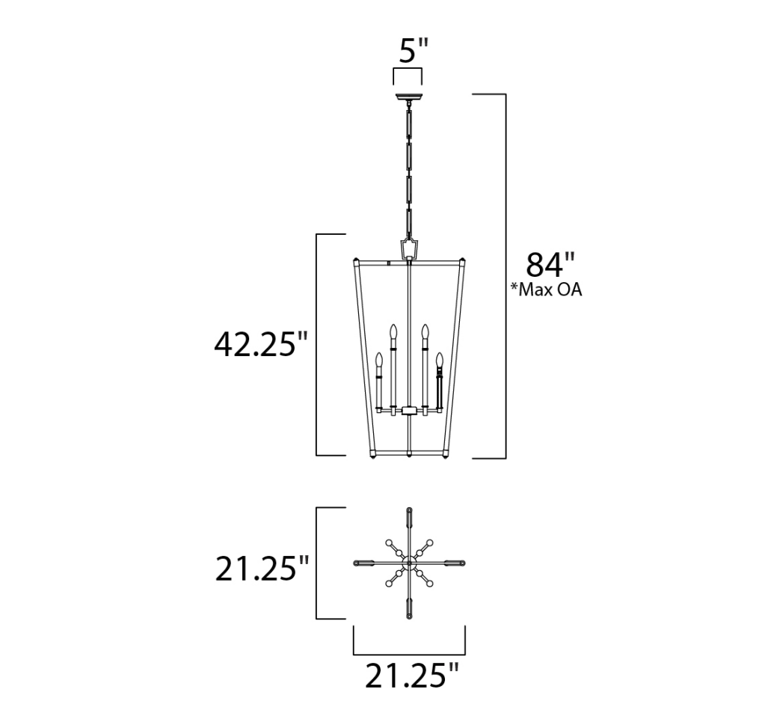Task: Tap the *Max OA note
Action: coord(545,290)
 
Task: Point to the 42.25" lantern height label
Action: coord(261,344)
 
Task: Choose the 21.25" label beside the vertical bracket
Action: coord(262,569)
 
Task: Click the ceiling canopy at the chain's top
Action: coord(408,96)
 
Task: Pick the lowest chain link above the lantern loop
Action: coord(408,222)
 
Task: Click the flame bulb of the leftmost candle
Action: coord(379,361)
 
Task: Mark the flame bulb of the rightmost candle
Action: coord(440,361)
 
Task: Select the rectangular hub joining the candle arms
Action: coord(409,410)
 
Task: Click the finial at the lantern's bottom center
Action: coord(408,455)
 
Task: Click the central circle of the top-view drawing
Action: coord(409,563)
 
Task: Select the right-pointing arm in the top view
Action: coord(452,563)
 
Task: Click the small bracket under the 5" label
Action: coord(408,75)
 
